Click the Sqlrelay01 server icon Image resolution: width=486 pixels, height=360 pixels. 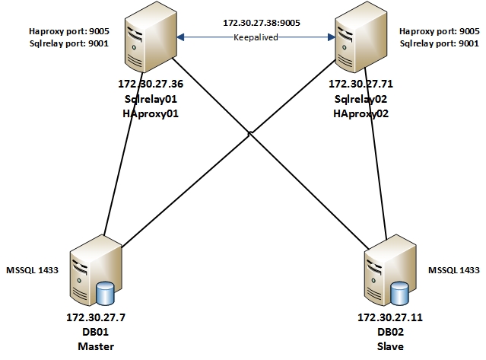(149, 38)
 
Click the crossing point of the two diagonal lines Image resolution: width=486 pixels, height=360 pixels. (251, 134)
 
